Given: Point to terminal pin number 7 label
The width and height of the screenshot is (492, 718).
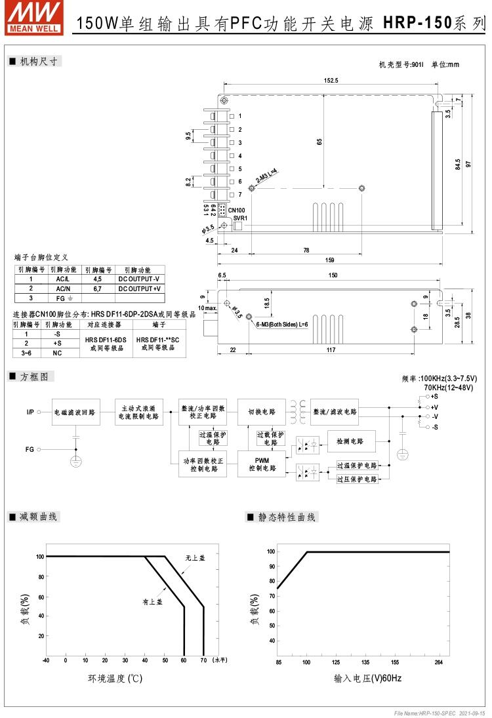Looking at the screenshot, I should coord(240,195).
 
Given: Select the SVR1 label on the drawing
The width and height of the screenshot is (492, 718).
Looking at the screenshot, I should coord(239,218).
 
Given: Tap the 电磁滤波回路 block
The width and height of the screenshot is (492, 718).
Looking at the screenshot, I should coord(75,412).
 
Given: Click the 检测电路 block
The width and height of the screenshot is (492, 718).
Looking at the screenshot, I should coord(351,441).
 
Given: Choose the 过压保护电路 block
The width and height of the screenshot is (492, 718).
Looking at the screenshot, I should coord(357,479).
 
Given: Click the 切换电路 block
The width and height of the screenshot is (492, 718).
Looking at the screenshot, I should coord(261,412).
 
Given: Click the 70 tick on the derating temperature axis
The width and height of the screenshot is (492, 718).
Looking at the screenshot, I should coord(203,660).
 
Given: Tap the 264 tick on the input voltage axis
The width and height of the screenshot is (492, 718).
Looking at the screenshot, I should coord(439,662).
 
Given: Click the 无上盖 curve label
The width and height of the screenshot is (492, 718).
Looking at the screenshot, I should coord(195,557).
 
